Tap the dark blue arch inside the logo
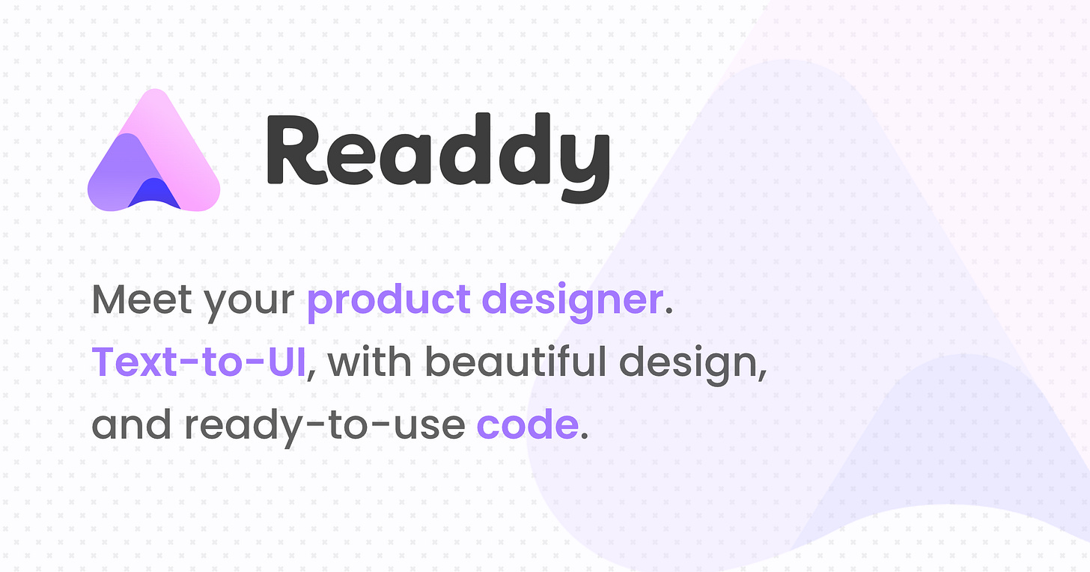[x=154, y=194]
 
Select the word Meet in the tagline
[x=140, y=300]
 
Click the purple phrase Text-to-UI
[x=198, y=362]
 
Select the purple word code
[x=526, y=425]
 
